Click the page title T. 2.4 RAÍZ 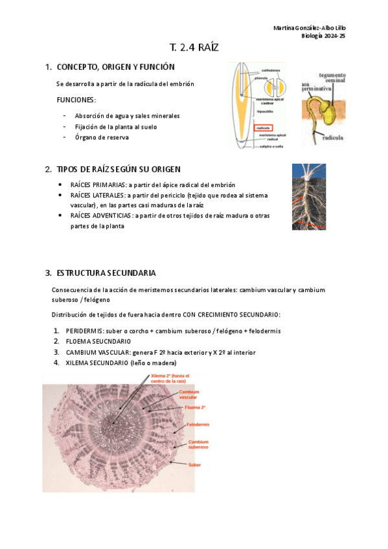tap(194, 47)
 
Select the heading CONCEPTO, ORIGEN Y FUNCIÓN tap(115, 67)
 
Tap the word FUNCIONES tap(76, 100)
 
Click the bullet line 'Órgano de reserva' tap(102, 137)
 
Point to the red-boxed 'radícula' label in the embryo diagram tap(262, 128)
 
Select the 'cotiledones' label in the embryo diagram tap(270, 69)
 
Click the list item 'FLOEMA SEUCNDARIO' tap(98, 341)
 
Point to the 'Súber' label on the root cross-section tap(194, 465)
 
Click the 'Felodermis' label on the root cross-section tap(198, 425)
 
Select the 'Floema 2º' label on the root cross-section tap(195, 408)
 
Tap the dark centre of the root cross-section tap(115, 425)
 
